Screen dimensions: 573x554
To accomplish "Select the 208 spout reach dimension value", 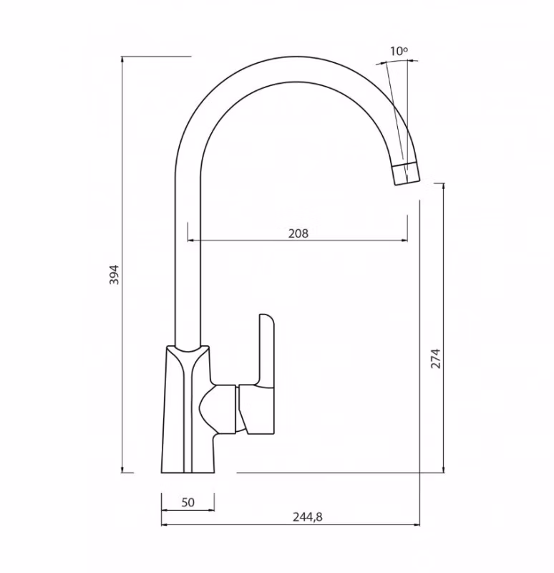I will (298, 233).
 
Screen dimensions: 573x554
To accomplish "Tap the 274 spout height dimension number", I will (436, 358).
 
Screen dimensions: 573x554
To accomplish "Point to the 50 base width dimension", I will (188, 502).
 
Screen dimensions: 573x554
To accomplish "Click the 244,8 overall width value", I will (308, 516).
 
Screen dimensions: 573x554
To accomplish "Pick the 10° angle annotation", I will (399, 51).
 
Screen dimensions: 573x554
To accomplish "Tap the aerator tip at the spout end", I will (405, 173).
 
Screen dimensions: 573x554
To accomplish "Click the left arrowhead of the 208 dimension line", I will (190, 241).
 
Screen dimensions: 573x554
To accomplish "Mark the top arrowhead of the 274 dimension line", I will (444, 186).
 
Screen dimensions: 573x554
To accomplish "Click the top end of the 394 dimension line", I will (122, 57).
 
